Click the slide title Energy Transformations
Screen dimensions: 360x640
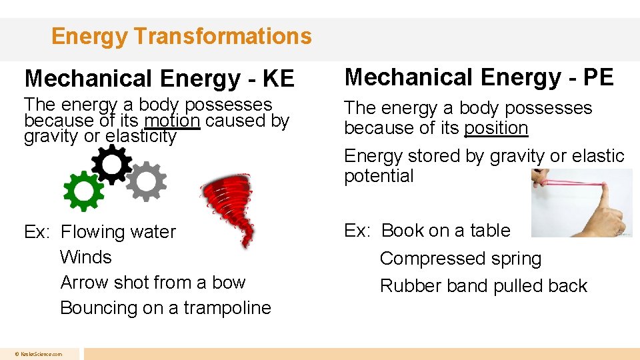click(x=181, y=36)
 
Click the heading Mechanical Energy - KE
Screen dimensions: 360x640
click(x=159, y=79)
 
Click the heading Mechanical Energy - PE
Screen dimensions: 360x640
click(x=478, y=77)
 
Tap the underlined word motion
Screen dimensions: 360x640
click(x=173, y=121)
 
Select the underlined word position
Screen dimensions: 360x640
click(x=496, y=128)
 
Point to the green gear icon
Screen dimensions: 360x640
click(x=83, y=190)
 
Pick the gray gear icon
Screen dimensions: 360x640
click(x=146, y=181)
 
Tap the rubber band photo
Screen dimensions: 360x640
click(x=582, y=203)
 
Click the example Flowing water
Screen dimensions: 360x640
click(x=118, y=232)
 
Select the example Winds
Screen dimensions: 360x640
click(x=86, y=257)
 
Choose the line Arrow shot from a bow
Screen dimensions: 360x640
click(x=153, y=283)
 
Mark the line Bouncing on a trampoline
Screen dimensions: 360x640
click(x=165, y=308)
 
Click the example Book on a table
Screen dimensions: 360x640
click(x=445, y=231)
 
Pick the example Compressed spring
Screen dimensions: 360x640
click(x=461, y=259)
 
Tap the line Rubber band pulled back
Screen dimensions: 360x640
click(x=483, y=286)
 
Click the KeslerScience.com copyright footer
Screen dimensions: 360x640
click(x=41, y=354)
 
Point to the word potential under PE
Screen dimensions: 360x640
click(x=379, y=176)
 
